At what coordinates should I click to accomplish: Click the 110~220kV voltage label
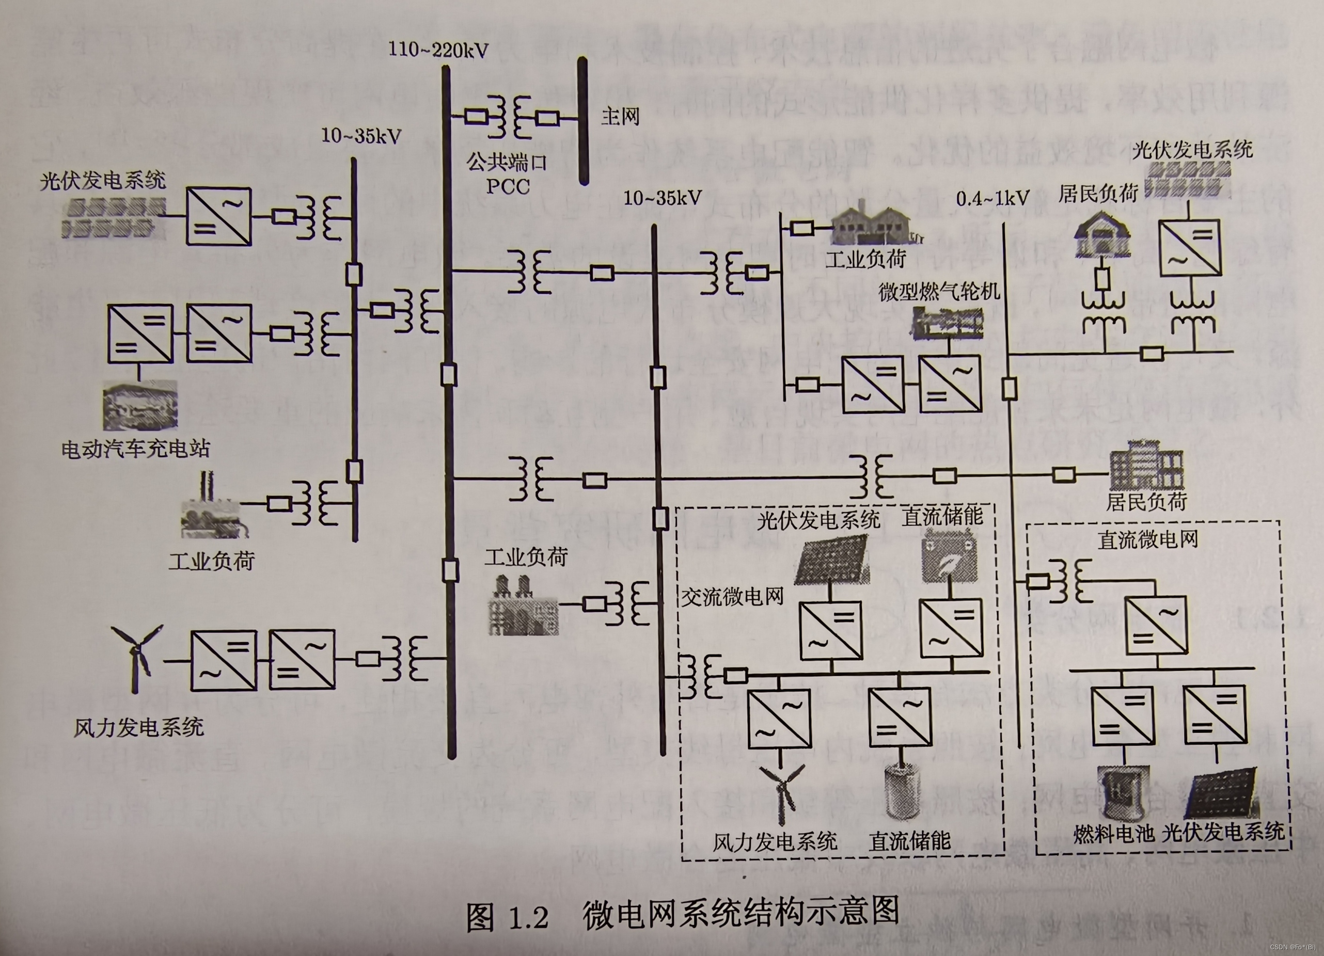click(438, 50)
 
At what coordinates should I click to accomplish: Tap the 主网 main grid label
click(620, 117)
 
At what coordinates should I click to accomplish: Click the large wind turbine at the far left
click(137, 657)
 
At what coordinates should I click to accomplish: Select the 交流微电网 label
click(732, 597)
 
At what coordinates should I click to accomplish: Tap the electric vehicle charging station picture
click(140, 406)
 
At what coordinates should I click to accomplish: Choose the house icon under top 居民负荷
click(1101, 235)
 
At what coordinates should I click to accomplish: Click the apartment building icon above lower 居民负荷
click(1146, 465)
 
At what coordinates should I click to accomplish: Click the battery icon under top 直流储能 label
click(949, 554)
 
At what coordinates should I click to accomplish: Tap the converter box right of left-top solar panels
click(219, 216)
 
